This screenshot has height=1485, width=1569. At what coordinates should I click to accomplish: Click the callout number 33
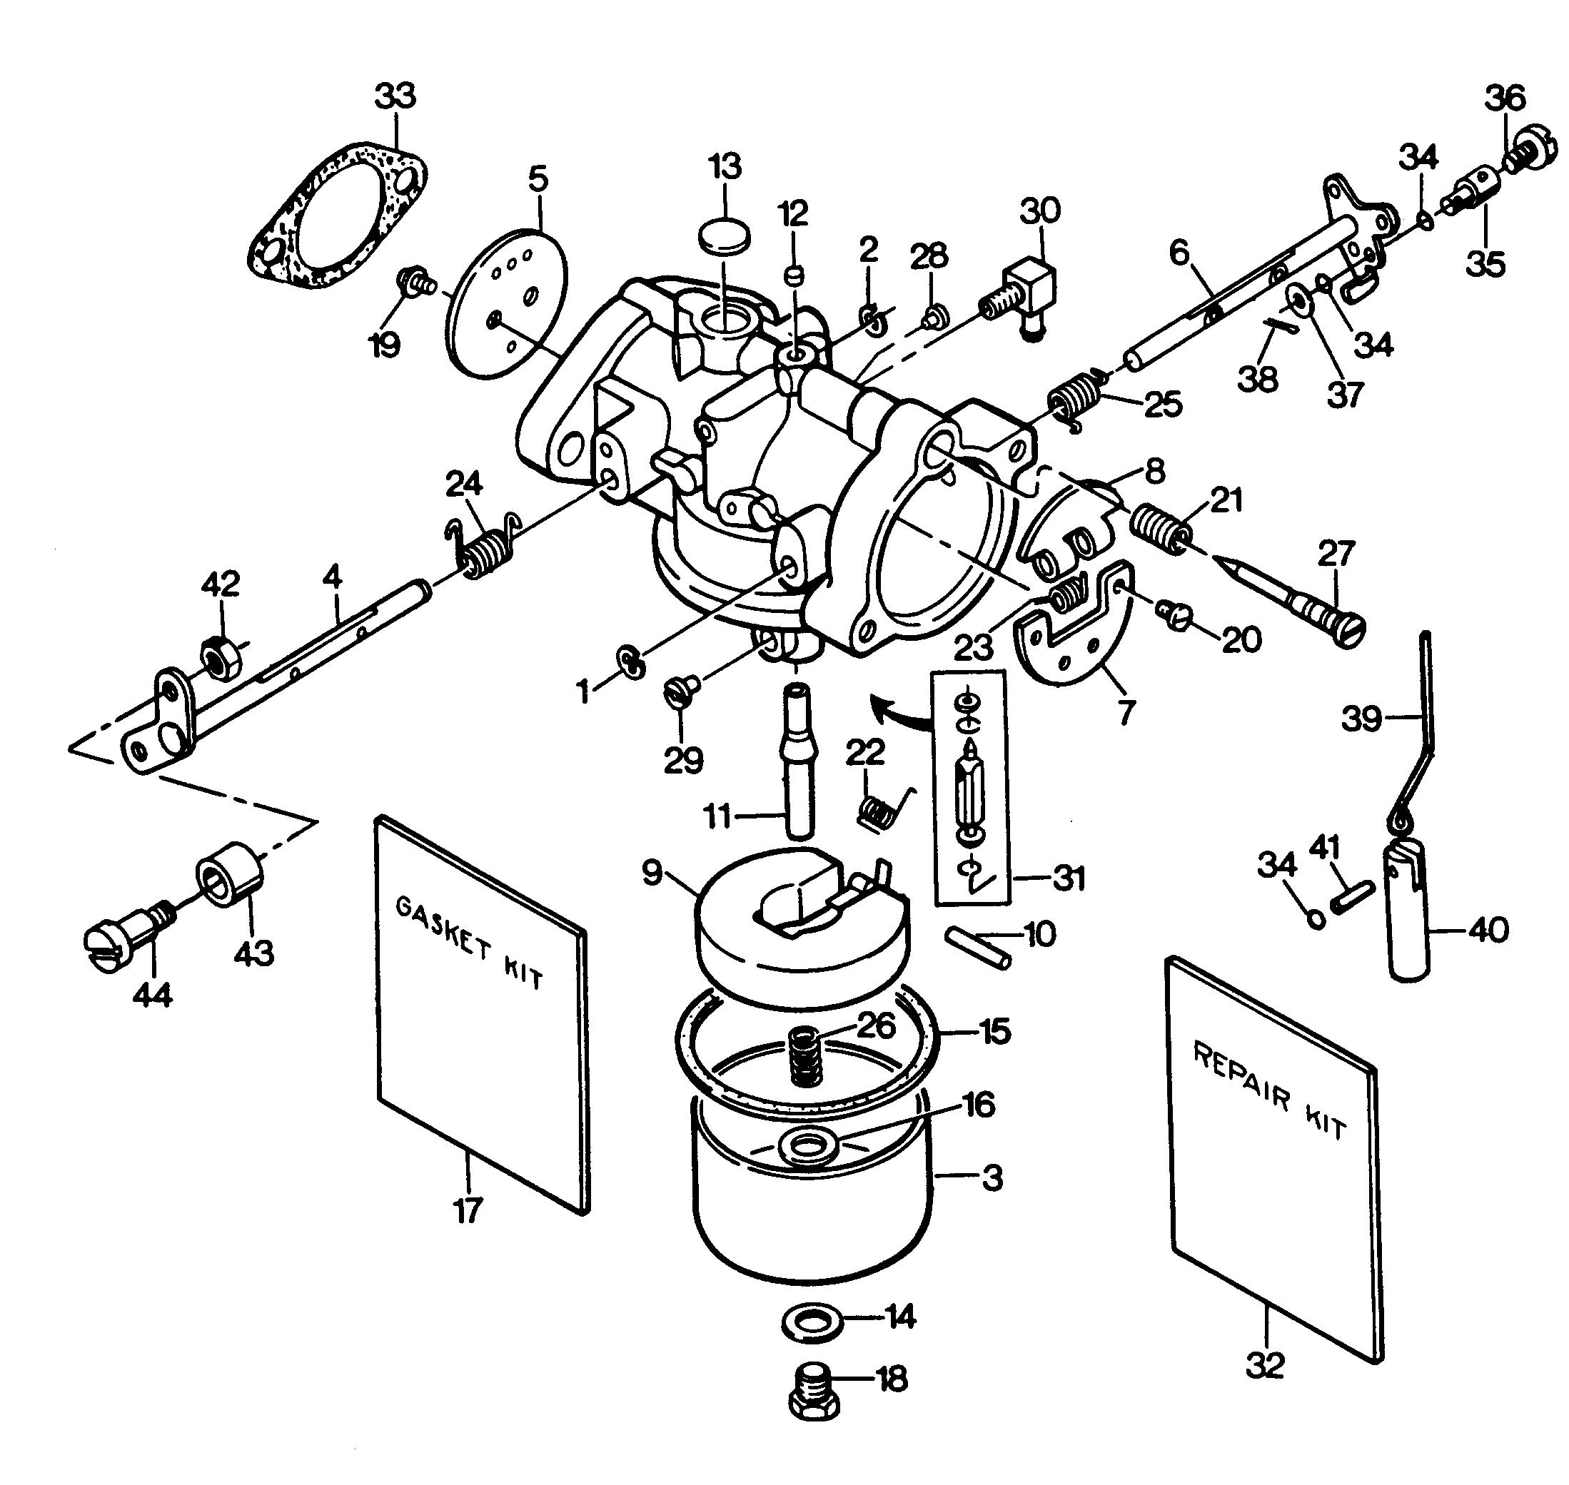tap(394, 97)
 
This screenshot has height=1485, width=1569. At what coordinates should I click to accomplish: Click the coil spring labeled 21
tap(1157, 527)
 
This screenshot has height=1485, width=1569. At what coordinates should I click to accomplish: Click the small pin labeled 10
tap(979, 947)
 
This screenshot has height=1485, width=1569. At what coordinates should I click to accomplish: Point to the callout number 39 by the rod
tap(1361, 719)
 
